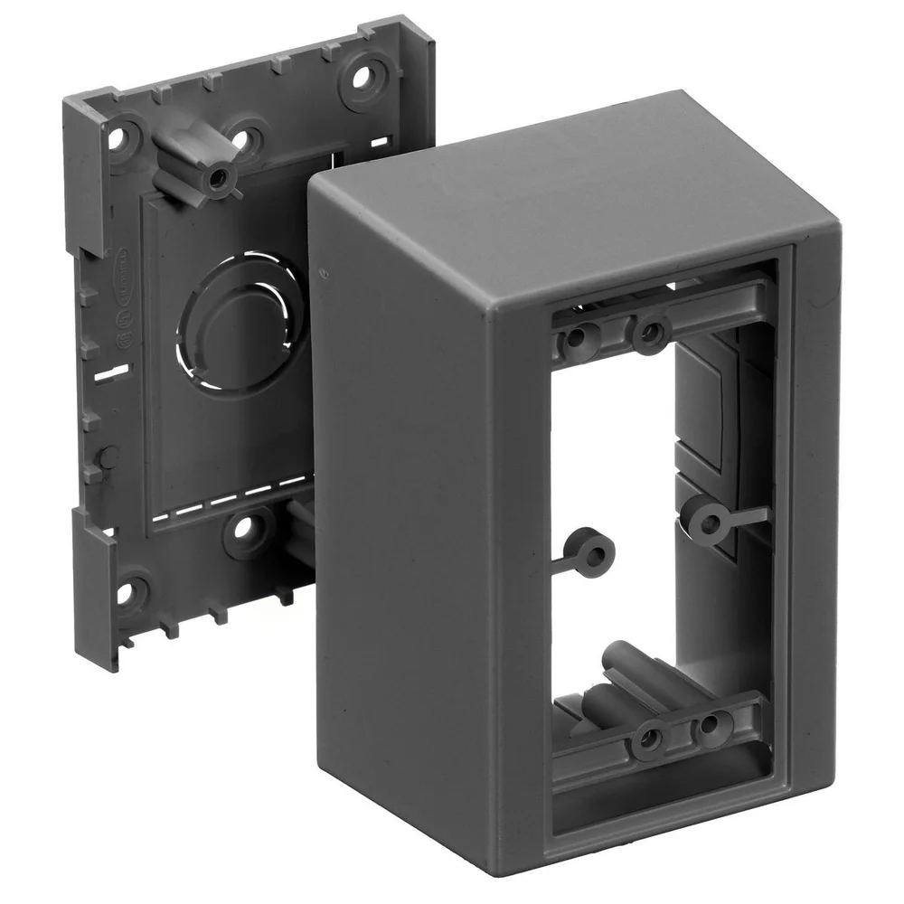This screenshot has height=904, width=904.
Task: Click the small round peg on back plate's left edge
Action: coord(106,456)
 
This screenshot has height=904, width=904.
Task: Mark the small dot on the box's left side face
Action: coord(323,269)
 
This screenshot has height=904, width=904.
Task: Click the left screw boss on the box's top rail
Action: coord(578,340)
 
